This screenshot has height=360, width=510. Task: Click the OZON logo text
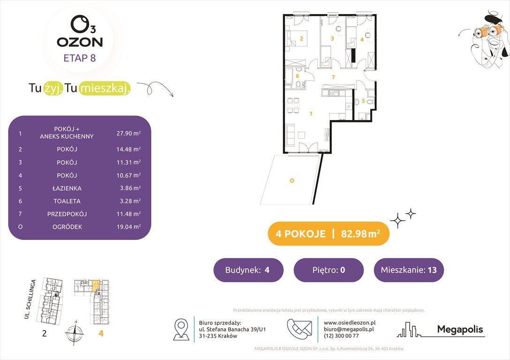pos(80,42)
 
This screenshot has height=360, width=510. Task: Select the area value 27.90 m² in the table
pos(128,133)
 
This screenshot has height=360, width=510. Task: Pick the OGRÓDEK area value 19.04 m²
pos(128,227)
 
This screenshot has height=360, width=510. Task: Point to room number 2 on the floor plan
pos(301,38)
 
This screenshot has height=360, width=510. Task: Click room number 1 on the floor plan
pos(310,113)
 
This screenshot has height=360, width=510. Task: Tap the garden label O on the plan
pos(291,180)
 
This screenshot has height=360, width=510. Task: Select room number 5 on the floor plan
pos(363,100)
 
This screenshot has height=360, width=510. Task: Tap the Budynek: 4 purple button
pos(248,270)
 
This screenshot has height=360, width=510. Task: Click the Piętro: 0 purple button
pos(328,270)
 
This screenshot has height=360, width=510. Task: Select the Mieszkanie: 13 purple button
pos(409,270)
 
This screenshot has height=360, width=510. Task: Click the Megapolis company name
pos(459,329)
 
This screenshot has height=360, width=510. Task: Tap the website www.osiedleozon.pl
pos(350,322)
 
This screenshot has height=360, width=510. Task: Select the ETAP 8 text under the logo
pos(80,59)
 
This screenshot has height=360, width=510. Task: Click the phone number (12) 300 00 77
pos(342,336)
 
